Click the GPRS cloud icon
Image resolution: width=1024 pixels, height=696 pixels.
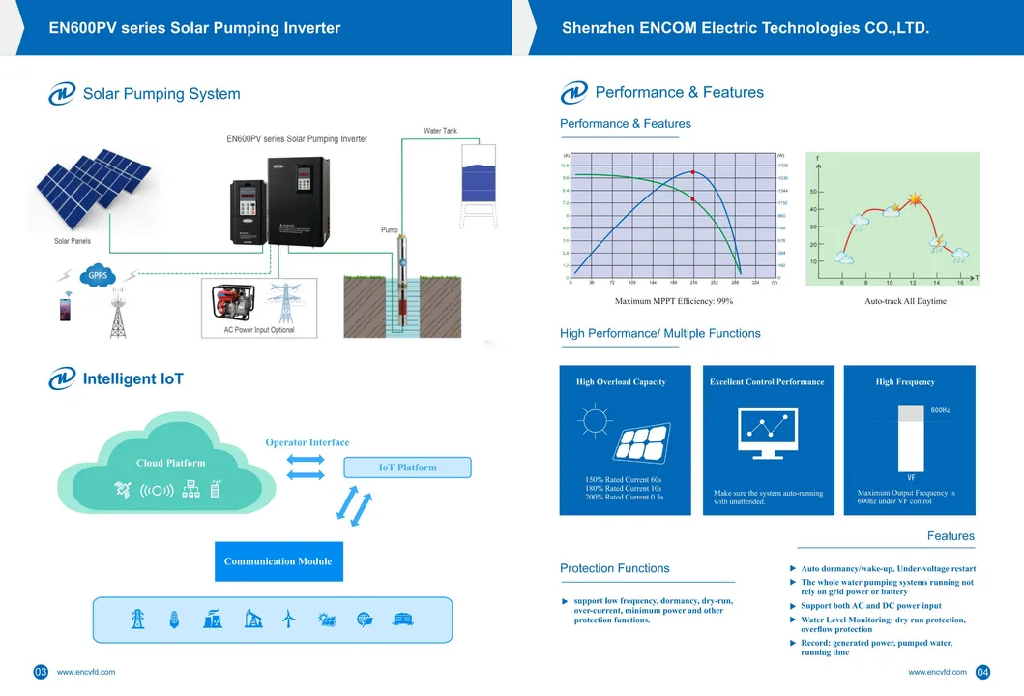(x=98, y=275)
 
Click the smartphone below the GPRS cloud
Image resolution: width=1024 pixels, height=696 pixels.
(x=65, y=311)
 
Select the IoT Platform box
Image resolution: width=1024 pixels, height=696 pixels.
(x=407, y=468)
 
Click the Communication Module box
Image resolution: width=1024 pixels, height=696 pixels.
(x=278, y=561)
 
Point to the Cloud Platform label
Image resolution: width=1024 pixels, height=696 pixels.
(x=170, y=463)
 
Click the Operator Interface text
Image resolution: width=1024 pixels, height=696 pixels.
(x=307, y=442)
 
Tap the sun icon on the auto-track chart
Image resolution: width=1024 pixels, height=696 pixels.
(x=913, y=202)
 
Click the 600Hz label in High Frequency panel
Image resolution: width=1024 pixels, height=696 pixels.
(x=940, y=410)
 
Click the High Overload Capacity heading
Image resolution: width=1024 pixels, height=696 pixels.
(x=621, y=382)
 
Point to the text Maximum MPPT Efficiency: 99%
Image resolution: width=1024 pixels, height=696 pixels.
(x=674, y=301)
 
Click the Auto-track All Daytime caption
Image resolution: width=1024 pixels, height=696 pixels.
(x=905, y=301)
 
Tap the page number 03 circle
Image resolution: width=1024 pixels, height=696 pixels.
(x=41, y=672)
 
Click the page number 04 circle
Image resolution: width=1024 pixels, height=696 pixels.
(x=983, y=672)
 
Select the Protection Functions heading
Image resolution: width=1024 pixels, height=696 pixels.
(x=614, y=568)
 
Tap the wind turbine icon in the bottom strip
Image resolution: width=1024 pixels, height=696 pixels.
(x=287, y=620)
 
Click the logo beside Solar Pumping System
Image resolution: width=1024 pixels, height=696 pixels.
(x=62, y=93)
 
